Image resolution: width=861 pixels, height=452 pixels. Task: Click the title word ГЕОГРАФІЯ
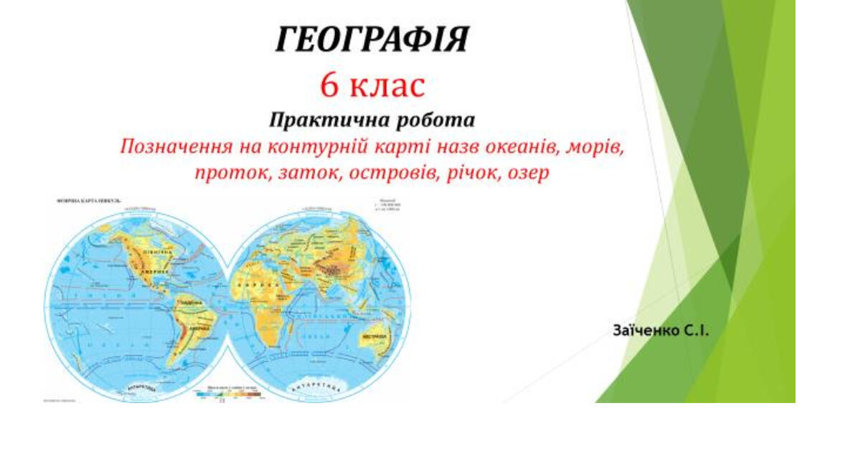point(372,39)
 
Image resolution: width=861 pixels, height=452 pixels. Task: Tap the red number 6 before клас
point(329,86)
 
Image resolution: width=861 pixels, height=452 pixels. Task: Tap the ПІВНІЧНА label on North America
point(156,253)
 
